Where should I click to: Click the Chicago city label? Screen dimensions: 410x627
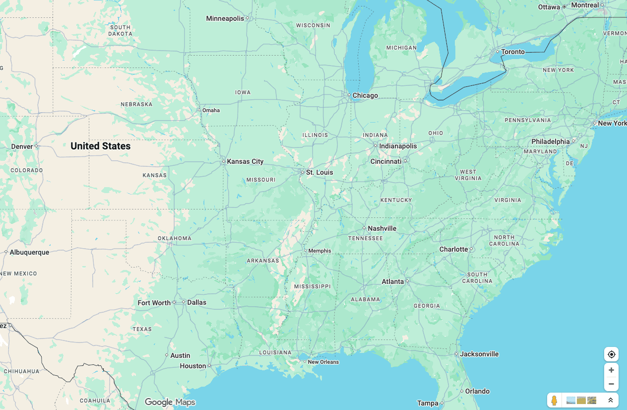365,95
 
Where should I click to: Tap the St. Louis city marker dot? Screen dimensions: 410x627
303,172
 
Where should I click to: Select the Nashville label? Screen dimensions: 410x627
382,228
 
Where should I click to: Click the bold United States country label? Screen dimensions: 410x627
100,146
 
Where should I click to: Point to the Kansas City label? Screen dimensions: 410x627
245,161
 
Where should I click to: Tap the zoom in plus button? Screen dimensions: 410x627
611,370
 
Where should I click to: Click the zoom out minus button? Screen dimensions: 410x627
611,384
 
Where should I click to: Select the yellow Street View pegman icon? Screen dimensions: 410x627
554,400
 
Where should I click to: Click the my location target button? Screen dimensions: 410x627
611,354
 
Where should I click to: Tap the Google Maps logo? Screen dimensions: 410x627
170,402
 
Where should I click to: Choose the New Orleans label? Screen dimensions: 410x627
323,362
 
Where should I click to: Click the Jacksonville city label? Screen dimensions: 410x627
479,354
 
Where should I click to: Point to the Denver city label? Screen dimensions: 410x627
22,146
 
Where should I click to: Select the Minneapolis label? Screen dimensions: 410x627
225,18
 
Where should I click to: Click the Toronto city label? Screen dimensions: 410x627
513,52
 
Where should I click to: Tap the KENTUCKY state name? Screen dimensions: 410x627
396,200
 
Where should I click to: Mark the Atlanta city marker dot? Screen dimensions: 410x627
407,281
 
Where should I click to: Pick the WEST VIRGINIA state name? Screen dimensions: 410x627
468,175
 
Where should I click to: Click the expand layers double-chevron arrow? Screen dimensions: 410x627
611,400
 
